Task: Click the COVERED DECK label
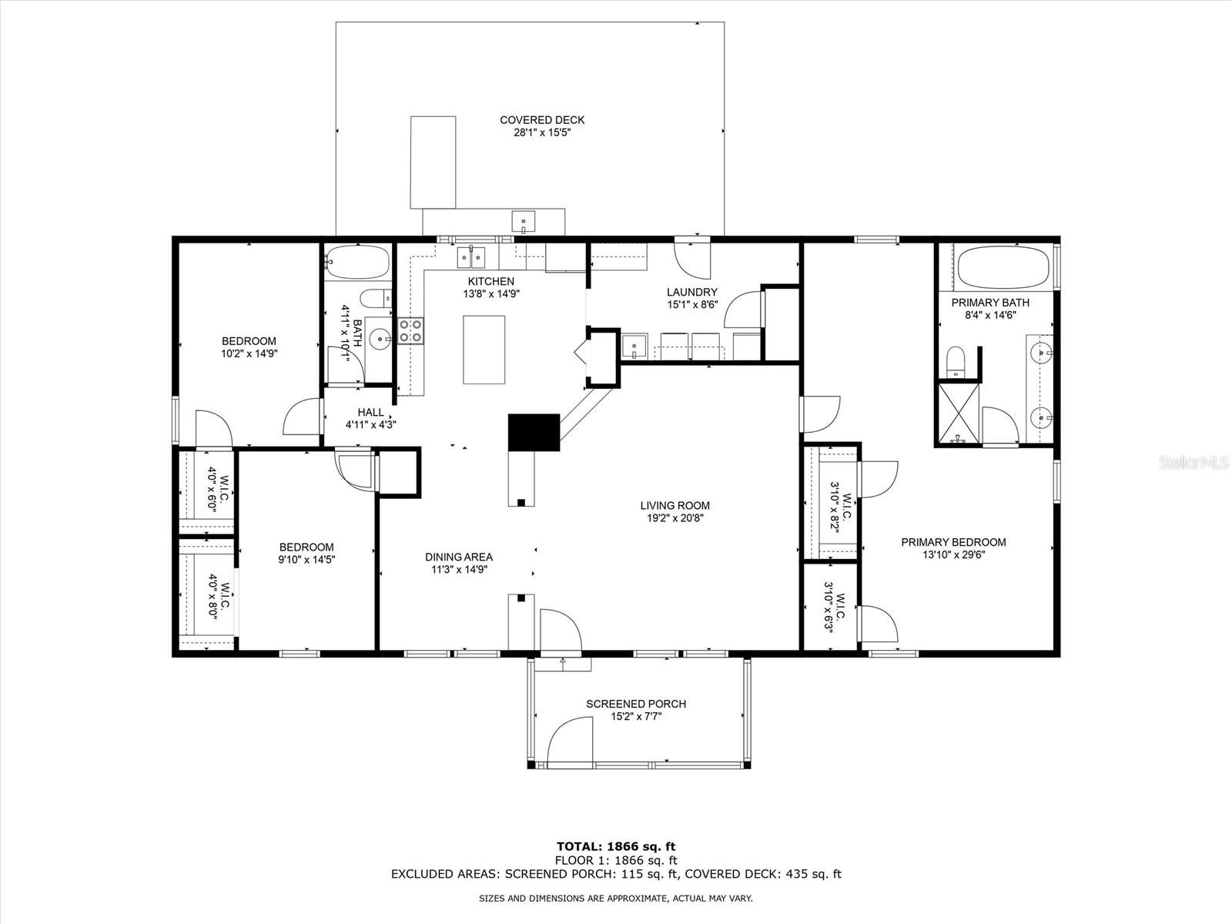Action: (542, 120)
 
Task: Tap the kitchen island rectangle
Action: (484, 350)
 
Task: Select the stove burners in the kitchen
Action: (411, 330)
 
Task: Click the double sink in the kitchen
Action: (471, 257)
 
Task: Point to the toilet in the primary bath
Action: (955, 362)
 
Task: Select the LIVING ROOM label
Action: (675, 505)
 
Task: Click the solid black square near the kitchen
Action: (534, 432)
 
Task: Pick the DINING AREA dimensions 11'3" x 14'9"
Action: (459, 570)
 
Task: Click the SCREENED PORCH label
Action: (636, 704)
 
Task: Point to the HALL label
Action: (370, 413)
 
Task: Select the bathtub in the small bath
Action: (357, 263)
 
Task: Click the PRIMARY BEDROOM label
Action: (953, 543)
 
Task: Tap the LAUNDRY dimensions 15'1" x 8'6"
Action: (692, 305)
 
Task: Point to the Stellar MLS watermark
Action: (1193, 462)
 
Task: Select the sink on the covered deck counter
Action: (523, 222)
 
